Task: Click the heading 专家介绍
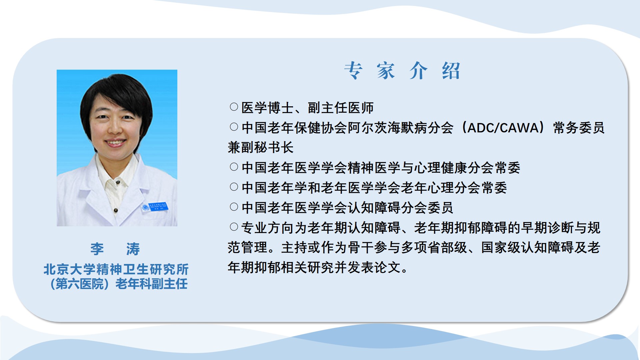coord(402,71)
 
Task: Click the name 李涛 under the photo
coord(115,249)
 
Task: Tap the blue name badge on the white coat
coord(154,207)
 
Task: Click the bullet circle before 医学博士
coord(234,107)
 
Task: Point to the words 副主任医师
coord(340,108)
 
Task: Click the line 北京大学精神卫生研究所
coord(116,269)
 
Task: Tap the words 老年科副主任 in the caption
coord(151,284)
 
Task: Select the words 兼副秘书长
coord(260,147)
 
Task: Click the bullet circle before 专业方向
coord(234,227)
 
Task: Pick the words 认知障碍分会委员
coord(400,208)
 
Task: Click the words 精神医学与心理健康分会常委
coord(434,168)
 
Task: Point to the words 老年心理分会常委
coord(454,188)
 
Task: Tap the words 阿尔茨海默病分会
coord(400,128)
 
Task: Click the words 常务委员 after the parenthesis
coord(579,128)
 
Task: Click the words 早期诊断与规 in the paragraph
coord(561,228)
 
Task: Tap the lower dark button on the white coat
coord(116,210)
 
